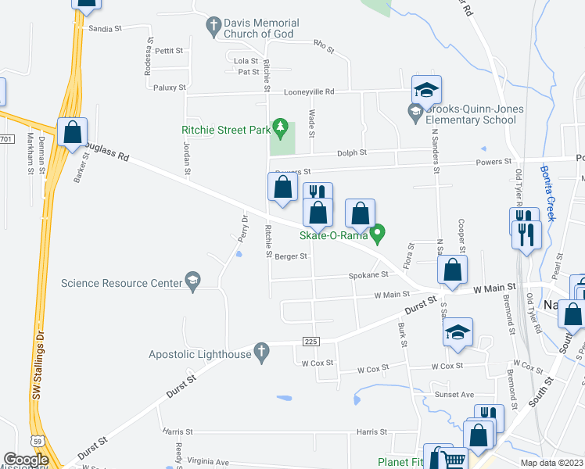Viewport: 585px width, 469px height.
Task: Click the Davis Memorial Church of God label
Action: coord(260,28)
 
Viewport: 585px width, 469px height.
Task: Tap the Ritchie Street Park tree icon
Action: coord(280,127)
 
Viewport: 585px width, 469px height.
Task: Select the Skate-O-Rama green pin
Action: coord(379,232)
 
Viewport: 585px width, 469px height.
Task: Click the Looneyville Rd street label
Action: coord(309,91)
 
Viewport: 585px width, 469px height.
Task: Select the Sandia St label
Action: coord(106,28)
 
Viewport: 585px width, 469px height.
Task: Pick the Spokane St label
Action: coord(368,275)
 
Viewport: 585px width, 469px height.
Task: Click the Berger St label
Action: coord(292,256)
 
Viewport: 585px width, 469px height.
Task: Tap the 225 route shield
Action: coord(310,342)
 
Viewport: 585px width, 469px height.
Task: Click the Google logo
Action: coord(26,460)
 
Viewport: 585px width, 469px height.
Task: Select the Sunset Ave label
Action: coord(454,395)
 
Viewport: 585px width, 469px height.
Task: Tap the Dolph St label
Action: coord(352,153)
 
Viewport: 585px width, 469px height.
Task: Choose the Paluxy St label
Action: coord(170,88)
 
